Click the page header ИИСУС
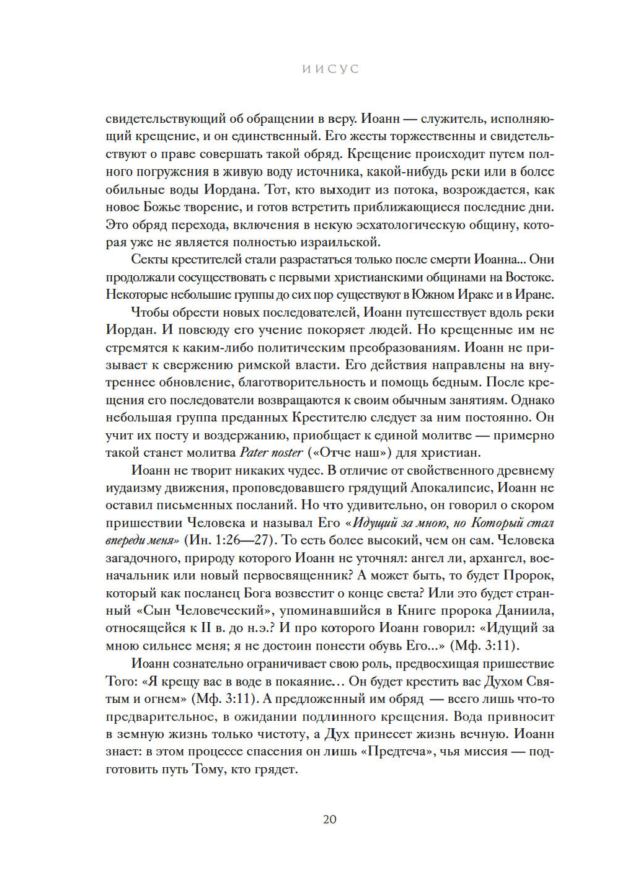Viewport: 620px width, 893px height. (x=330, y=69)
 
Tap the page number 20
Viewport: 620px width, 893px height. (x=330, y=819)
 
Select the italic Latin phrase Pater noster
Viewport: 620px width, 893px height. (x=271, y=453)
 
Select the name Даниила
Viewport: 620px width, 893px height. (x=525, y=610)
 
